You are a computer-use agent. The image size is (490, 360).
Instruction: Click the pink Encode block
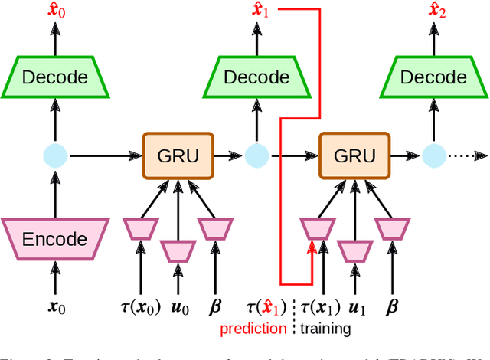click(54, 237)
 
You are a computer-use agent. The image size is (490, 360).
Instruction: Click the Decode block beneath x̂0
click(54, 77)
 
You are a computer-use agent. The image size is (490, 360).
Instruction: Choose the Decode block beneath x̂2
click(433, 77)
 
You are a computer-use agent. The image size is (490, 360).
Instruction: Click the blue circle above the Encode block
click(54, 156)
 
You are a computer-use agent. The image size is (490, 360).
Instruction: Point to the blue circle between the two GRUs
click(257, 156)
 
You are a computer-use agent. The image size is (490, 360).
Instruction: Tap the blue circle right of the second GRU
click(433, 156)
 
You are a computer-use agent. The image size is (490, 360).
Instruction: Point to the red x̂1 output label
click(262, 11)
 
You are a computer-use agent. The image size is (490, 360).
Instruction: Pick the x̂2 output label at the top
click(437, 11)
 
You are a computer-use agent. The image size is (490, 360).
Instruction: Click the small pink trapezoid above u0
click(178, 251)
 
